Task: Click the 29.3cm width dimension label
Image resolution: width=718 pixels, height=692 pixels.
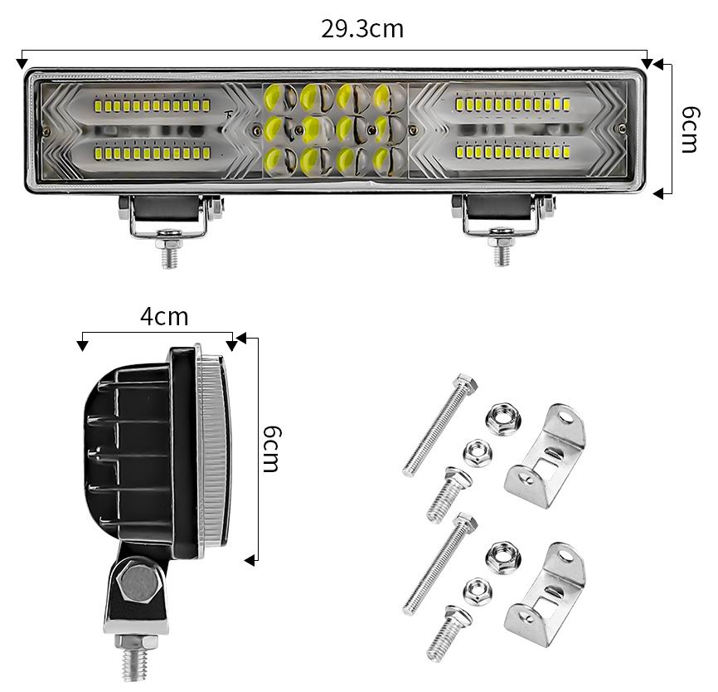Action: click(x=361, y=29)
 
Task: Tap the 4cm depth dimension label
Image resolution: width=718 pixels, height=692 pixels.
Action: click(x=164, y=317)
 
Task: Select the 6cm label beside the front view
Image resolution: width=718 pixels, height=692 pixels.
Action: click(x=690, y=129)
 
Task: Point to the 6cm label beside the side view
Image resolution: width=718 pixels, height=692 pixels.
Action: click(x=270, y=449)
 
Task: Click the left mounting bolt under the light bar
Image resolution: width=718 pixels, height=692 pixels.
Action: click(x=169, y=248)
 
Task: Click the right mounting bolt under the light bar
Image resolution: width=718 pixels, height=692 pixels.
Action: click(x=502, y=246)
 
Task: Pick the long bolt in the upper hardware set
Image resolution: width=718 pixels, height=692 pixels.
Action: click(x=440, y=425)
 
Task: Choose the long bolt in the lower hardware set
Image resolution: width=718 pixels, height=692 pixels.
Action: click(x=440, y=563)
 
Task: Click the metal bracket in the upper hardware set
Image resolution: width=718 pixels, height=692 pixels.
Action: click(x=545, y=456)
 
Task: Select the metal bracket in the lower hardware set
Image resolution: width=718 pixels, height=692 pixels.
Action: click(x=545, y=594)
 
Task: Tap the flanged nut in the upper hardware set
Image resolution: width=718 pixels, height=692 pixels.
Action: click(x=504, y=419)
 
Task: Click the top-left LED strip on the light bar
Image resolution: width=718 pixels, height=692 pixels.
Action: click(x=153, y=106)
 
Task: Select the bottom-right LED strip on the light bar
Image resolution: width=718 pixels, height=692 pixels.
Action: click(x=512, y=151)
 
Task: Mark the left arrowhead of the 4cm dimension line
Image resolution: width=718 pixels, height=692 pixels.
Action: click(x=82, y=345)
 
